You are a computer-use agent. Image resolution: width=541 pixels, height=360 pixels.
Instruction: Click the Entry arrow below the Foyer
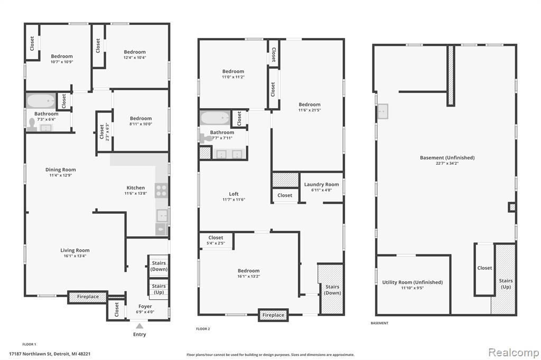click(139, 326)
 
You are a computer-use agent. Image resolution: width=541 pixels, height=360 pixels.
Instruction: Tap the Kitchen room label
click(136, 187)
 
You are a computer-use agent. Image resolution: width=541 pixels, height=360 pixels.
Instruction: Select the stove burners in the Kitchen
click(161, 191)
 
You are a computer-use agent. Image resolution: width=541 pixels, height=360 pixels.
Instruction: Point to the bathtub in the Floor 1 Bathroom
click(41, 101)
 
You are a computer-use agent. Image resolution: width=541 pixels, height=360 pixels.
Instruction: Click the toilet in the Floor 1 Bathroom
click(32, 125)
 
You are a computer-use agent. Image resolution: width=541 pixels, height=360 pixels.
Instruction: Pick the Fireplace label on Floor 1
click(88, 297)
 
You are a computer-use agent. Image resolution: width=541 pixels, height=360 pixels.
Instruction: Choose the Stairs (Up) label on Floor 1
click(158, 289)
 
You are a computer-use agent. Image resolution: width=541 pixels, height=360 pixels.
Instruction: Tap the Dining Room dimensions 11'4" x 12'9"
click(61, 175)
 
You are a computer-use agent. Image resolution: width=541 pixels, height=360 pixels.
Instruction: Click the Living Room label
click(75, 250)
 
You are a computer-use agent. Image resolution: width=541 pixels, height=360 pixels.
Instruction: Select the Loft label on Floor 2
click(234, 194)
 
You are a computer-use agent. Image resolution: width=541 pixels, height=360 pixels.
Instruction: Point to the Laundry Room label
click(322, 184)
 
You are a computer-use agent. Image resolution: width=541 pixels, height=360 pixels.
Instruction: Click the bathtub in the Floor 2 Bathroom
click(215, 118)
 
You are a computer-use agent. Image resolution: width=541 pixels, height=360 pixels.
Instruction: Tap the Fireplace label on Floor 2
click(273, 315)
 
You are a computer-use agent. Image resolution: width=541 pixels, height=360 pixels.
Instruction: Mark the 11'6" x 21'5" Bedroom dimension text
click(310, 110)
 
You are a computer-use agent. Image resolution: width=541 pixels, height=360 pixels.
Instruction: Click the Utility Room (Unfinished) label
click(412, 282)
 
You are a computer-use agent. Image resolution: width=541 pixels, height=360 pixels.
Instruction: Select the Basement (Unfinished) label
click(447, 158)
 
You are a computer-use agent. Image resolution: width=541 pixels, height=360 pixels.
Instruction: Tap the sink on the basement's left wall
click(383, 111)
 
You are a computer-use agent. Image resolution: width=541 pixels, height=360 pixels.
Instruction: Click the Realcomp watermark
click(514, 352)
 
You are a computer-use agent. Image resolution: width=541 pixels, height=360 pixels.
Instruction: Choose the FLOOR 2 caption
click(203, 329)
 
